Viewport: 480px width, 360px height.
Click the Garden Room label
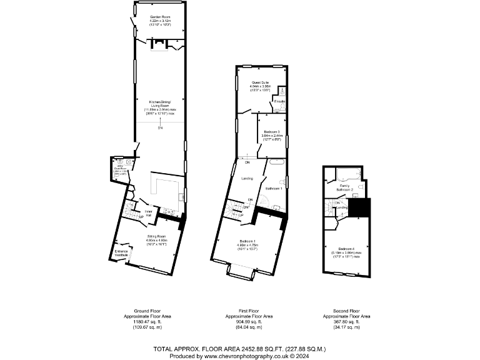160,17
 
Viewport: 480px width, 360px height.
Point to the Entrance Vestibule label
121,253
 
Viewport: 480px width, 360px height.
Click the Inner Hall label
148,214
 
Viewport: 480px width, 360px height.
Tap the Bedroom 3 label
271,132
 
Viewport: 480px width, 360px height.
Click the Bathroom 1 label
274,187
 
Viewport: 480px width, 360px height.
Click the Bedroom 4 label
346,248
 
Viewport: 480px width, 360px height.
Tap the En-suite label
279,101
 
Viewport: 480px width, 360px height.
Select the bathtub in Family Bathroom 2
346,172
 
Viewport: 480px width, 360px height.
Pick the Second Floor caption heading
346,311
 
